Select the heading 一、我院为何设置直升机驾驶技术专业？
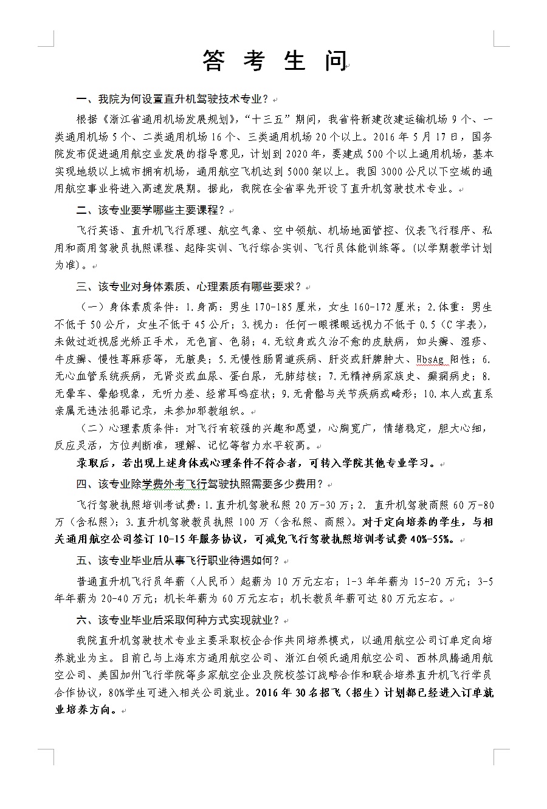click(x=173, y=99)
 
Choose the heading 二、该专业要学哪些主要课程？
click(x=151, y=210)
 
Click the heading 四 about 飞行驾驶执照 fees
click(x=200, y=484)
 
